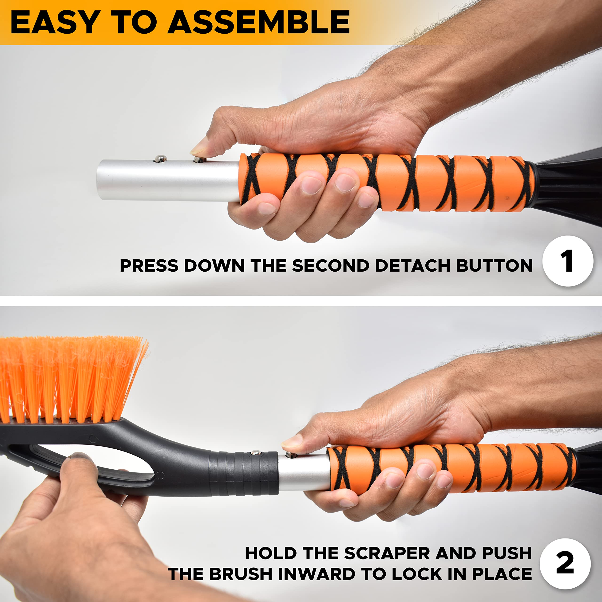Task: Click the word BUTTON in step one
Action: [495, 265]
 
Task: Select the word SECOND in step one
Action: [331, 265]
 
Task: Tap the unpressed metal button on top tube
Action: [160, 158]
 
